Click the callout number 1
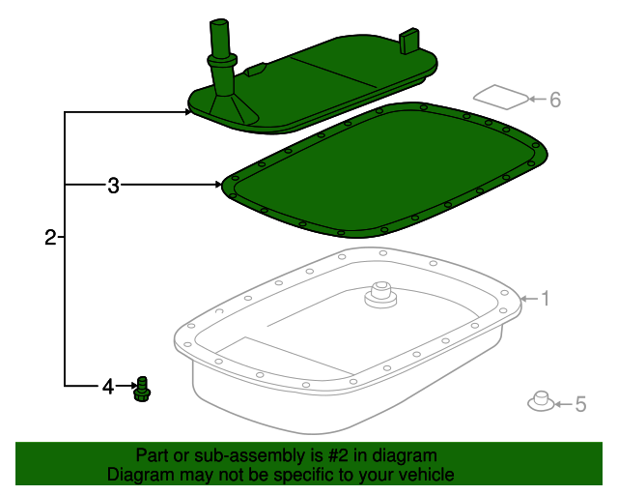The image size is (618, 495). (x=545, y=300)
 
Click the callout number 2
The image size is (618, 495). (x=50, y=237)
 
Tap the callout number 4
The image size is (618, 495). (x=108, y=388)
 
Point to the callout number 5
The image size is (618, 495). (x=580, y=404)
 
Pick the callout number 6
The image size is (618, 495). (x=555, y=99)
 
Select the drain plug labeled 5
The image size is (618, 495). (x=541, y=401)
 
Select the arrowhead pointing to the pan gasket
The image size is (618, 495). (x=217, y=184)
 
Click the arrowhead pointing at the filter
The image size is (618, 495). (x=187, y=113)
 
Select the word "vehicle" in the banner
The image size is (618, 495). (x=424, y=475)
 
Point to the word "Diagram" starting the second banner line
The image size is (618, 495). (x=139, y=475)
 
